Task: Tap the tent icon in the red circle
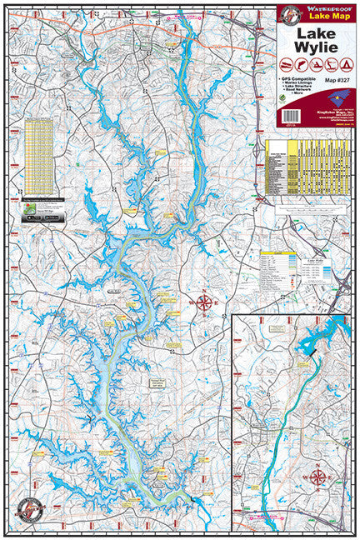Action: [343, 65]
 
